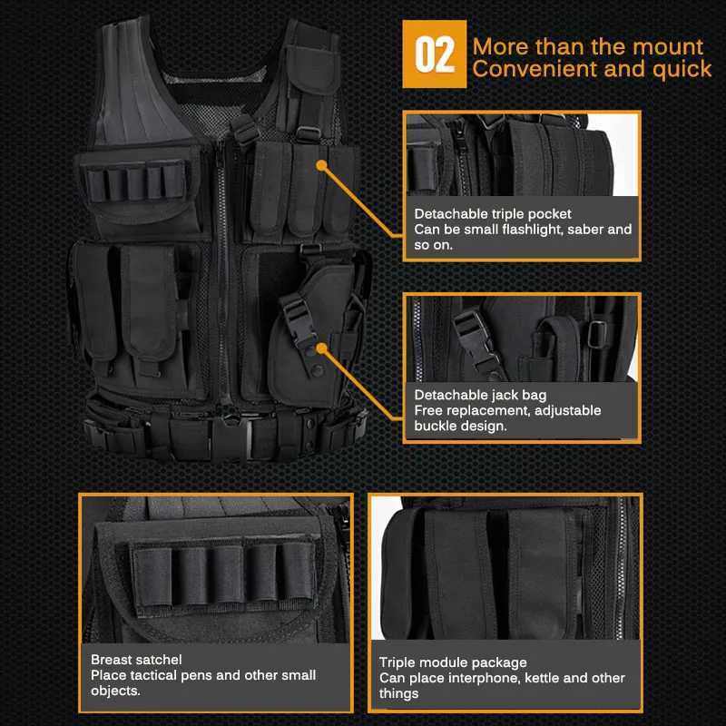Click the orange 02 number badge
point(434,54)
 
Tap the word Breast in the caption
point(112,660)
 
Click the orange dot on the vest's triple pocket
point(321,164)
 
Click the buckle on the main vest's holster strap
point(295,312)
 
